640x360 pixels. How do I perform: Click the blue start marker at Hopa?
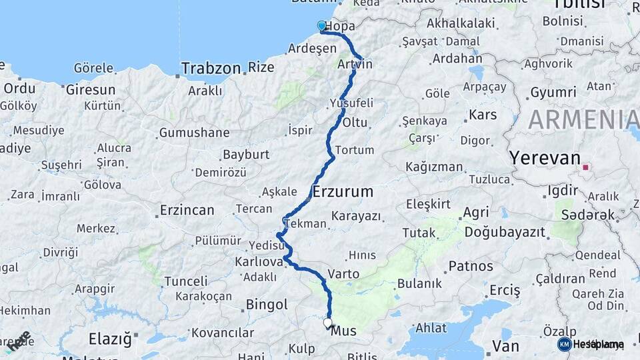[x=322, y=26]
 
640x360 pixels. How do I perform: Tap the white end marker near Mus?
[x=327, y=323]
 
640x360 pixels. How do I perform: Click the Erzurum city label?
[x=343, y=192]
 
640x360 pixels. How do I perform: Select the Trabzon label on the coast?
[x=211, y=68]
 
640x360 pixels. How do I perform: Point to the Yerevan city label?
[x=545, y=158]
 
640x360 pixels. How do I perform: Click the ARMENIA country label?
[x=583, y=119]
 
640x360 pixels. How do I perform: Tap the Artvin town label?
[x=355, y=64]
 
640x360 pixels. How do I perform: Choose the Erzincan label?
[x=187, y=211]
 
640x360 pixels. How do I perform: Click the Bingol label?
[x=267, y=305]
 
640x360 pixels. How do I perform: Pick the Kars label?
[x=483, y=115]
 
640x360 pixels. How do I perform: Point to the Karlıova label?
[x=259, y=261]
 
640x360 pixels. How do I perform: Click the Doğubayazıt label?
[x=505, y=232]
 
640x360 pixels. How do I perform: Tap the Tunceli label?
[x=186, y=281]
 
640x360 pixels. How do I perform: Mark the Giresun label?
[x=91, y=89]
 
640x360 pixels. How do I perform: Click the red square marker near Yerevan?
[x=586, y=167]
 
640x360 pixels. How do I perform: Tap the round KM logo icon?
[x=565, y=344]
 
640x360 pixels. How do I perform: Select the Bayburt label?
[x=245, y=155]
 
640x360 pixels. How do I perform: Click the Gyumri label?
[x=553, y=92]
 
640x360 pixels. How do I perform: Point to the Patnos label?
[x=471, y=266]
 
